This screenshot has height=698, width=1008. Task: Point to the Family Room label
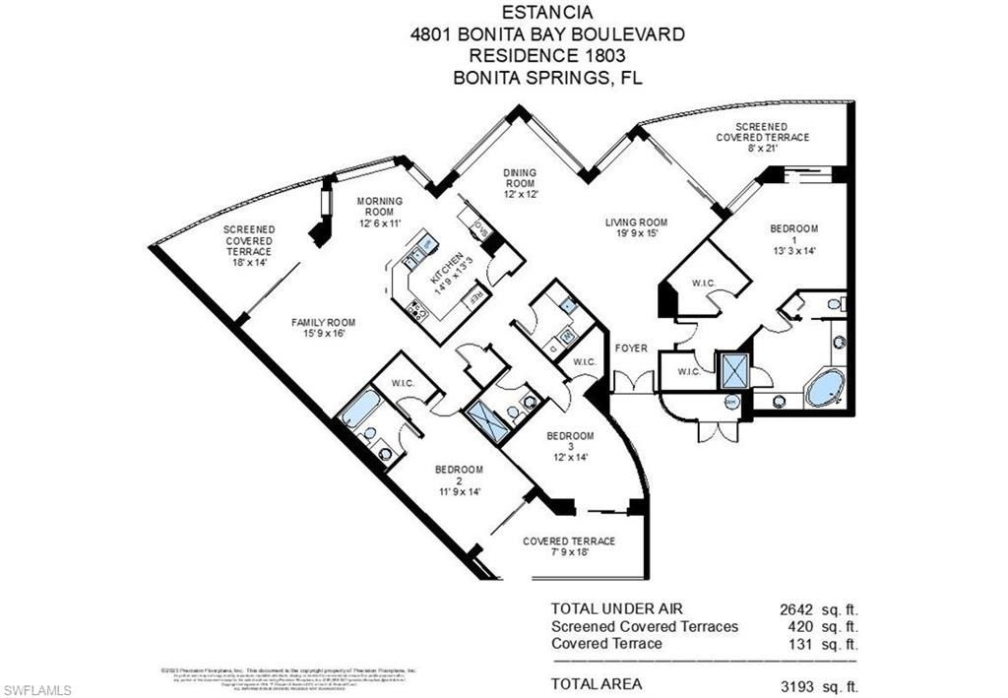click(x=323, y=328)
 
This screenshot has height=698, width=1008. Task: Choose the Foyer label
click(x=631, y=348)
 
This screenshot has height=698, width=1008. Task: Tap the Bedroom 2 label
click(x=459, y=479)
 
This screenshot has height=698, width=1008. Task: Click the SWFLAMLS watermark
click(x=37, y=689)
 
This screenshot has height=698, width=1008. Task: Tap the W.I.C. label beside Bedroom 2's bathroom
click(x=402, y=383)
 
